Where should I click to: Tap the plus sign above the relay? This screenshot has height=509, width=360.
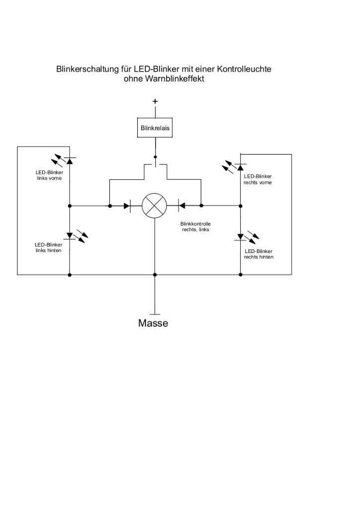[x=155, y=101]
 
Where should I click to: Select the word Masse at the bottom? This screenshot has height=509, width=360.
[x=153, y=324]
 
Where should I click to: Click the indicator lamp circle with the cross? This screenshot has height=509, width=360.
[x=155, y=205]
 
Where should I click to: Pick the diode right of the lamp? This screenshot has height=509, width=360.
[x=182, y=205]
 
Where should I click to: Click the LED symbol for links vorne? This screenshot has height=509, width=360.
[x=69, y=161]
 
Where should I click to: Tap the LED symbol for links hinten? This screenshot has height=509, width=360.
[x=69, y=235]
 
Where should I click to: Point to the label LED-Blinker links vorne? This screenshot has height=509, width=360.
[x=49, y=175]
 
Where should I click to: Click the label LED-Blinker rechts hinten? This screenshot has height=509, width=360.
[x=258, y=254]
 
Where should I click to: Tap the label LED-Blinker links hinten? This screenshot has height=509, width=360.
[x=48, y=248]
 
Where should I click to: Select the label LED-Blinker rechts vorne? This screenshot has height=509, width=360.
[x=258, y=179]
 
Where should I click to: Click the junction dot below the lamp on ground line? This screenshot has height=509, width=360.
[x=155, y=274]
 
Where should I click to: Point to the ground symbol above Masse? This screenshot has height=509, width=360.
[x=155, y=314]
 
